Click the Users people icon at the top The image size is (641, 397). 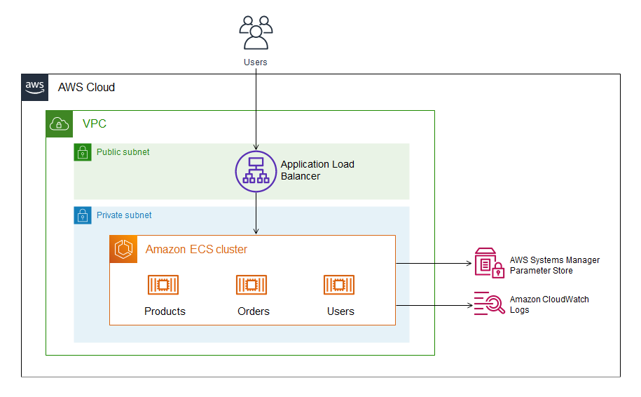pyautogui.click(x=256, y=32)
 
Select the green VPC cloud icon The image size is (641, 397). pyautogui.click(x=60, y=124)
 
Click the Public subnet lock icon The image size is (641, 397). pyautogui.click(x=83, y=152)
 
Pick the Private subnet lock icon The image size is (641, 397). pyautogui.click(x=83, y=215)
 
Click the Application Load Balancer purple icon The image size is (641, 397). pyautogui.click(x=256, y=171)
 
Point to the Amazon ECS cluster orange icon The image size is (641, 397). pyautogui.click(x=123, y=249)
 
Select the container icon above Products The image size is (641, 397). pyautogui.click(x=164, y=285)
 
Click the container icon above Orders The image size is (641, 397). pyautogui.click(x=252, y=285)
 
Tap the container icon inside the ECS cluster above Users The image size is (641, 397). pyautogui.click(x=340, y=285)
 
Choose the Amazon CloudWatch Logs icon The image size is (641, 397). pyautogui.click(x=489, y=304)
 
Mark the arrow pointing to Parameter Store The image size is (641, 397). pyautogui.click(x=434, y=264)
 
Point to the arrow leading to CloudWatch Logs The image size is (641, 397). pyautogui.click(x=434, y=305)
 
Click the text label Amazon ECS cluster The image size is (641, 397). pyautogui.click(x=196, y=250)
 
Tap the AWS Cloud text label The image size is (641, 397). pyautogui.click(x=86, y=88)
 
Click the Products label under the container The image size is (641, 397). pyautogui.click(x=165, y=311)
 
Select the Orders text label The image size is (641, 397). pyautogui.click(x=253, y=311)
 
